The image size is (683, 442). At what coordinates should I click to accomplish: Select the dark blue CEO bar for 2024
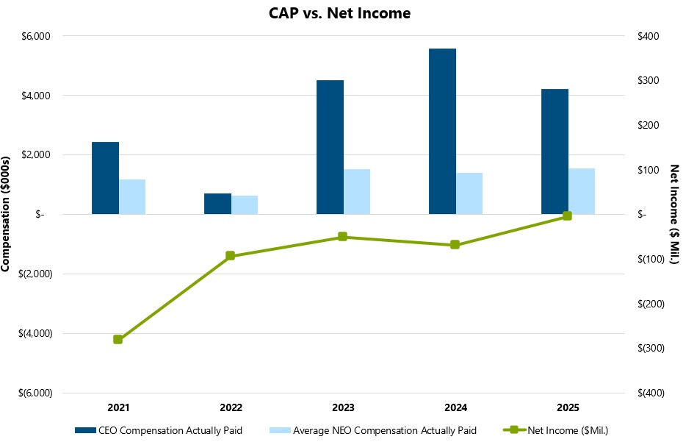(x=442, y=131)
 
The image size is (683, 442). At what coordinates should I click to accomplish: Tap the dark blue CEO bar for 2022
(x=217, y=204)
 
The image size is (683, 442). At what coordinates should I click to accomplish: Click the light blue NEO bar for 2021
(x=132, y=196)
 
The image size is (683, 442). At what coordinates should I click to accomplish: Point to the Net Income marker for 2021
(x=118, y=339)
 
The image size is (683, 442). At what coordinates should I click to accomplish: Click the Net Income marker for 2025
(x=567, y=216)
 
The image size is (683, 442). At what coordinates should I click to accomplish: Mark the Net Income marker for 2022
(x=230, y=256)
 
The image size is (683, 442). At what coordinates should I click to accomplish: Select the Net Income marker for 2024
(x=455, y=245)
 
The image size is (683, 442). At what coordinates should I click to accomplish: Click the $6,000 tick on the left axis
(x=37, y=36)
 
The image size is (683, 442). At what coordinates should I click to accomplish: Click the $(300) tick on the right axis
(x=651, y=348)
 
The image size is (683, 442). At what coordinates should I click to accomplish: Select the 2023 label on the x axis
(x=342, y=407)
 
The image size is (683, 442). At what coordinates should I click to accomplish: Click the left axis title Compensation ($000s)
(x=7, y=214)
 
